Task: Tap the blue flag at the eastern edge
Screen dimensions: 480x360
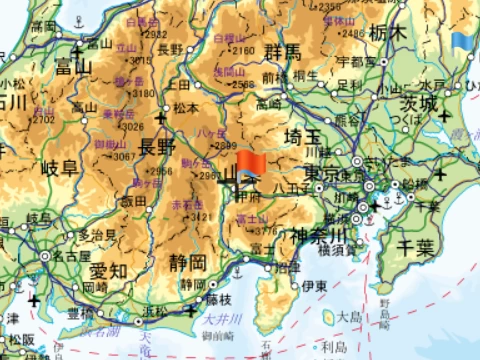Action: [462, 43]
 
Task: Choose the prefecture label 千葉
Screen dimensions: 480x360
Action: [415, 245]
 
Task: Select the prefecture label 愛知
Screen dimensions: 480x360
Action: [108, 270]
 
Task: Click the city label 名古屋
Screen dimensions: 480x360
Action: [72, 255]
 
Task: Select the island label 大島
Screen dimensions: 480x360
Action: [348, 316]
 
